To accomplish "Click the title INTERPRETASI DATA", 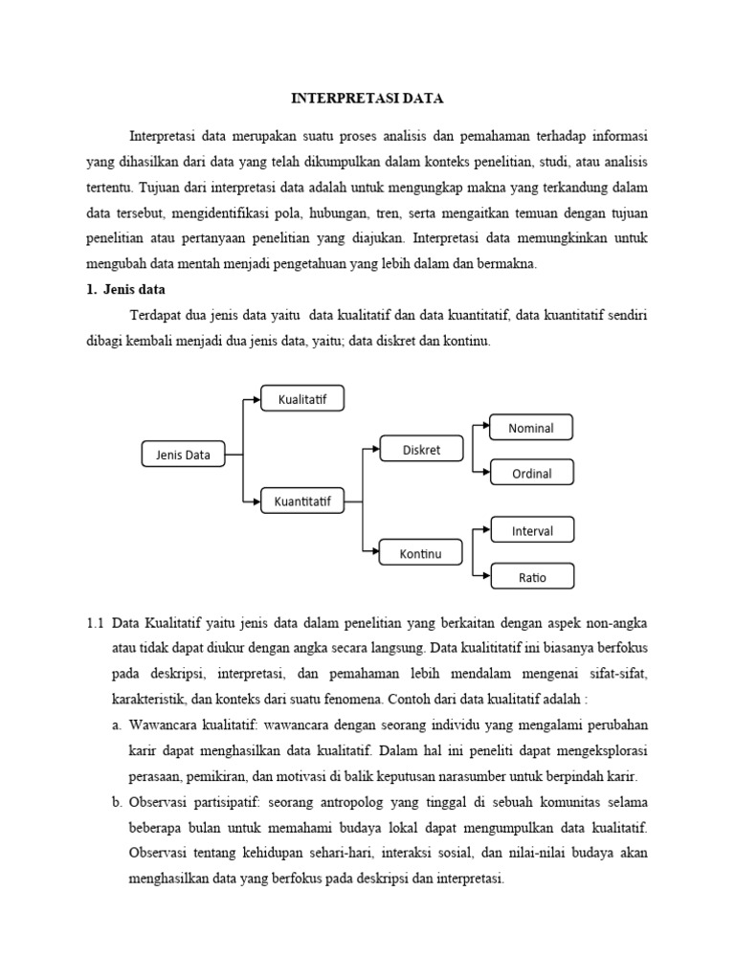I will [x=367, y=99].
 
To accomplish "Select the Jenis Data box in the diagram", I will [x=183, y=455].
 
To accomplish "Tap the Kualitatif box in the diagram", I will [x=302, y=398].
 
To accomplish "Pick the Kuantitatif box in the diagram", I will [x=302, y=501].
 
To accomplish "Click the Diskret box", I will [x=422, y=450].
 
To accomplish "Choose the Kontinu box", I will [x=422, y=553].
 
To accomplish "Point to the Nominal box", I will [x=531, y=428].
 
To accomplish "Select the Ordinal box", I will [x=531, y=473].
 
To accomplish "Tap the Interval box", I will [x=532, y=530].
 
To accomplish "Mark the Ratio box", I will [x=532, y=576].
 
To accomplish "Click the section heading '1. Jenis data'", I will [x=126, y=290].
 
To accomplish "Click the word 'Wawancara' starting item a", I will [x=166, y=725].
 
